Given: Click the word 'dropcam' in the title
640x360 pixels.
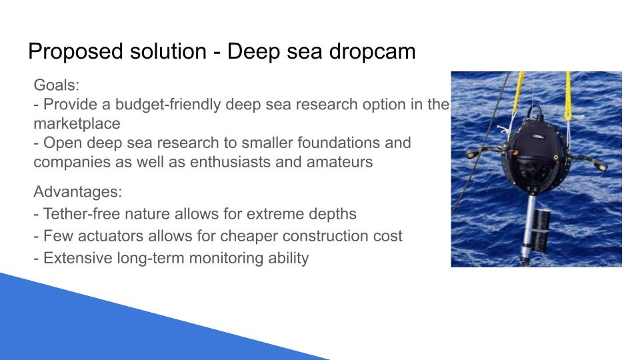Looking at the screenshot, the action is tap(372, 52).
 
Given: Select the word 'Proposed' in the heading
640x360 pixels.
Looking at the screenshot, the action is tap(77, 52).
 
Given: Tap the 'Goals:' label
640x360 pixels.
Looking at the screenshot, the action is tap(56, 85).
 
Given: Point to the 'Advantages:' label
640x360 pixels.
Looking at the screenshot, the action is tap(77, 191).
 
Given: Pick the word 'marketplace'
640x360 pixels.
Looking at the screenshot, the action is tap(77, 124).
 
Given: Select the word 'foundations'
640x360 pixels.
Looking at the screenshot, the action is tap(354, 143).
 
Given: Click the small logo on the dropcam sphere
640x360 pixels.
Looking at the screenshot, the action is tap(537, 136).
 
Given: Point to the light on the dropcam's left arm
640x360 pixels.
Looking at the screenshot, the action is tap(472, 155).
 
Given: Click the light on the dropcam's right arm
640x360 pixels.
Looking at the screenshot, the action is tap(601, 166).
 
